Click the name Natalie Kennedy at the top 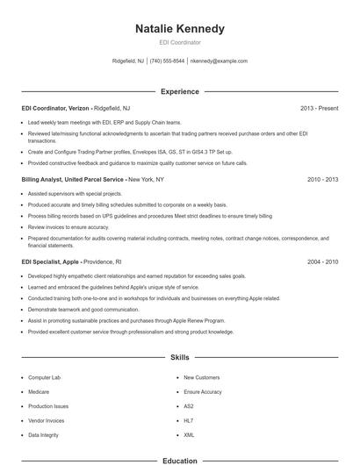180,29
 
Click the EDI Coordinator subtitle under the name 180,42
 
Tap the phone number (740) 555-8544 167,61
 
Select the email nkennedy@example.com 219,61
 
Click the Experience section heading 180,91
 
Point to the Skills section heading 180,357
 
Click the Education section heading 180,460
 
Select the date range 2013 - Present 319,108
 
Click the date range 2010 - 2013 322,179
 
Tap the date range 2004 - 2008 322,261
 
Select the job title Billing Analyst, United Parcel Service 74,179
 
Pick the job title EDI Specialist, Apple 52,261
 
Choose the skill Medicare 39,391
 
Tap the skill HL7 188,420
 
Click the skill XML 188,434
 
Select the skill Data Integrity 44,434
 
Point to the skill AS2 188,406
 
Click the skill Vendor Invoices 47,420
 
